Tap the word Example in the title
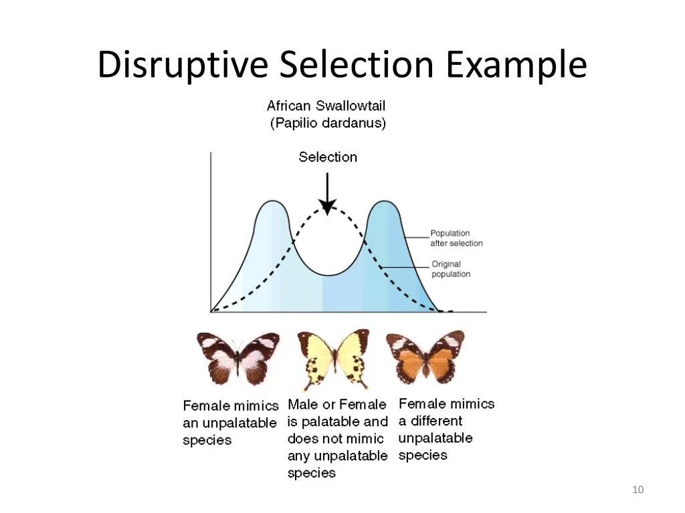tap(516, 65)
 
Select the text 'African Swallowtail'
tap(326, 106)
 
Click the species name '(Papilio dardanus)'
tap(328, 124)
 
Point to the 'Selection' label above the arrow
tap(328, 157)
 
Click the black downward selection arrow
tap(327, 194)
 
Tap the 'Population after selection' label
tap(456, 238)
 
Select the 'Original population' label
tap(451, 269)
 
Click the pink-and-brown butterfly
tap(238, 357)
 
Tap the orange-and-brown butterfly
tap(425, 356)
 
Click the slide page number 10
tap(637, 491)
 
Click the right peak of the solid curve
tap(384, 201)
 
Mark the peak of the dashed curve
tap(327, 208)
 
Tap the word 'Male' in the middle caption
tap(302, 405)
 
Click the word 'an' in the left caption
tap(191, 423)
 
